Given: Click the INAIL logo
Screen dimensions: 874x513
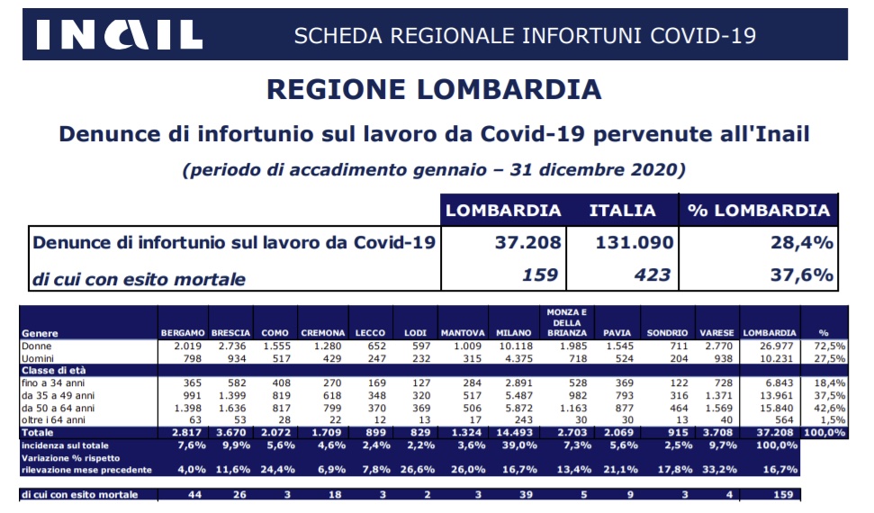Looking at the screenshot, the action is click(x=119, y=34).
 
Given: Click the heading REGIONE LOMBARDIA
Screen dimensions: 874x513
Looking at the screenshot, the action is click(x=434, y=90).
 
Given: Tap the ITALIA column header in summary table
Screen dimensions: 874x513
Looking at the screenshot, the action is click(x=622, y=211).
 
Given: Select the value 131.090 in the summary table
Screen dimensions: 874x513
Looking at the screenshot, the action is click(x=635, y=243).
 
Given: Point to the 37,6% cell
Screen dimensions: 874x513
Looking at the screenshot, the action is click(x=801, y=274).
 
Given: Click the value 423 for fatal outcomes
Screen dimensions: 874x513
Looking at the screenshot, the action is click(x=653, y=274).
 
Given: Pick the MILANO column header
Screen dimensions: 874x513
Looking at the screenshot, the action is click(x=513, y=333).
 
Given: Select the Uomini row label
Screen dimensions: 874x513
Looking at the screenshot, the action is click(x=38, y=358).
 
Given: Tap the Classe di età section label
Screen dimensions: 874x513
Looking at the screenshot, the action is click(x=53, y=370).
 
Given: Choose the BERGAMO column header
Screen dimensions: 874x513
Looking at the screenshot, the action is click(x=183, y=333).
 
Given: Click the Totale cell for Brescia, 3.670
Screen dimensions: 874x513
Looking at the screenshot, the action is click(x=232, y=433).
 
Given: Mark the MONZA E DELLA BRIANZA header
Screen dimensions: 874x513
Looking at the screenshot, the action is click(x=566, y=323).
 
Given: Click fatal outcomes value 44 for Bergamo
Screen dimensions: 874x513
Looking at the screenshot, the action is click(x=194, y=495).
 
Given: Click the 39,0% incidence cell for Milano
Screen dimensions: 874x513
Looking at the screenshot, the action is click(x=519, y=445).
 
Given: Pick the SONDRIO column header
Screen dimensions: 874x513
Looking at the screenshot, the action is click(x=667, y=333).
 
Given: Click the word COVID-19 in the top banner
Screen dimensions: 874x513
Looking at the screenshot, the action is click(x=703, y=36).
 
